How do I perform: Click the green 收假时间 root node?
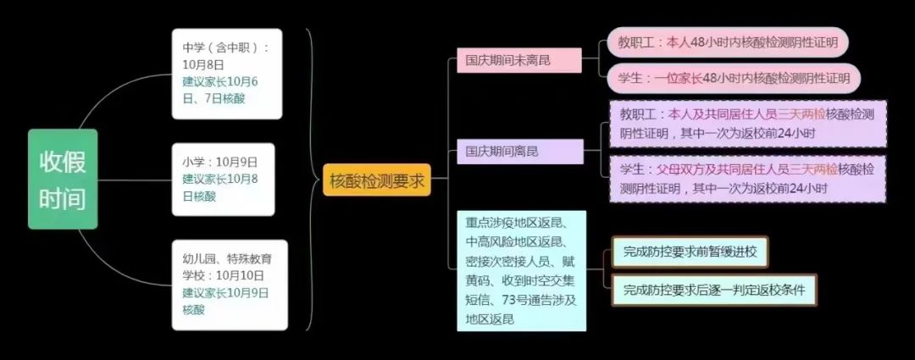click(x=63, y=179)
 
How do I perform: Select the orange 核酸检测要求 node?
click(x=376, y=180)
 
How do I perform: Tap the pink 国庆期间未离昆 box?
click(x=518, y=60)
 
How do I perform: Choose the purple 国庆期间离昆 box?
click(x=518, y=152)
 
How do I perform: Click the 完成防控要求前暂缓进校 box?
click(x=689, y=252)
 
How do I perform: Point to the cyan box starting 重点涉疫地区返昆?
click(x=520, y=271)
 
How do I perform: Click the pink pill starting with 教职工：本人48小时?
click(x=734, y=41)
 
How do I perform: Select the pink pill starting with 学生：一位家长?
click(x=734, y=79)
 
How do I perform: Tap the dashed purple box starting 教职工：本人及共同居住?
click(x=747, y=123)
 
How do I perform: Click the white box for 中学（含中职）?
click(x=225, y=74)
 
